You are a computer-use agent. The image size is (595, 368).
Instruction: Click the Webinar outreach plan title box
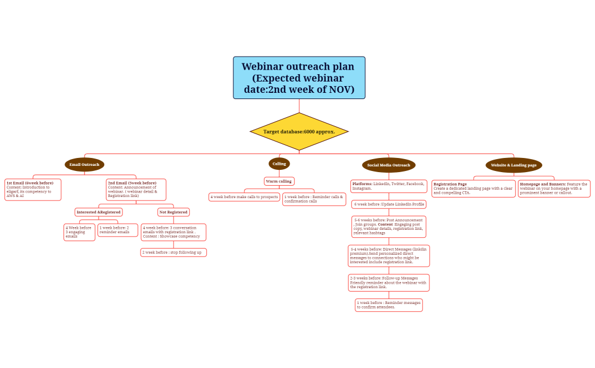pos(299,78)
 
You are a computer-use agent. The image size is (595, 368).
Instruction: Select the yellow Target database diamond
pos(299,131)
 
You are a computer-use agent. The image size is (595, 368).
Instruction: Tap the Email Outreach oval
pos(84,165)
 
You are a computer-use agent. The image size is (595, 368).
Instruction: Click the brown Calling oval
pos(279,164)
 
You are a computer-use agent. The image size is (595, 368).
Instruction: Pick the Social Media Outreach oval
pos(388,165)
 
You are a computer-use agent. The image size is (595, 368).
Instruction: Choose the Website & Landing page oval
pos(513,165)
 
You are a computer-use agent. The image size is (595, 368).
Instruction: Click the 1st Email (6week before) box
pos(33,190)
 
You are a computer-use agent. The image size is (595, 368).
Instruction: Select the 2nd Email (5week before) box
pos(136,190)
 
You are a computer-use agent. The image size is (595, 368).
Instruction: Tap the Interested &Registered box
pos(99,212)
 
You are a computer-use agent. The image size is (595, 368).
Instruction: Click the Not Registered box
pos(173,212)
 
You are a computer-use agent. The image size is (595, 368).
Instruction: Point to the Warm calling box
pos(279,181)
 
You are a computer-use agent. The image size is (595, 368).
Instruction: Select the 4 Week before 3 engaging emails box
pos(79,232)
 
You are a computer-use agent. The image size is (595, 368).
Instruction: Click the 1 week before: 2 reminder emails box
pos(118,230)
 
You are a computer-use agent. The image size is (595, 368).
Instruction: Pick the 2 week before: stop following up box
pos(173,253)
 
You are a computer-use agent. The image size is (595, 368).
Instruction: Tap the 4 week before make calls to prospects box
pos(244,197)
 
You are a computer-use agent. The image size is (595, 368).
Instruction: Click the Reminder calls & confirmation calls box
pos(314,199)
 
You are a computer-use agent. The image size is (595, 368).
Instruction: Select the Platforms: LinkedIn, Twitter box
pos(389,186)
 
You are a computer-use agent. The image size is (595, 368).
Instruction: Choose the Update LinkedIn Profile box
pos(389,204)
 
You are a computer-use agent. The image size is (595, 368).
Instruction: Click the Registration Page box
pos(473,189)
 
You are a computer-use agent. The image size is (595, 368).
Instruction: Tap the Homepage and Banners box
pos(554,189)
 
